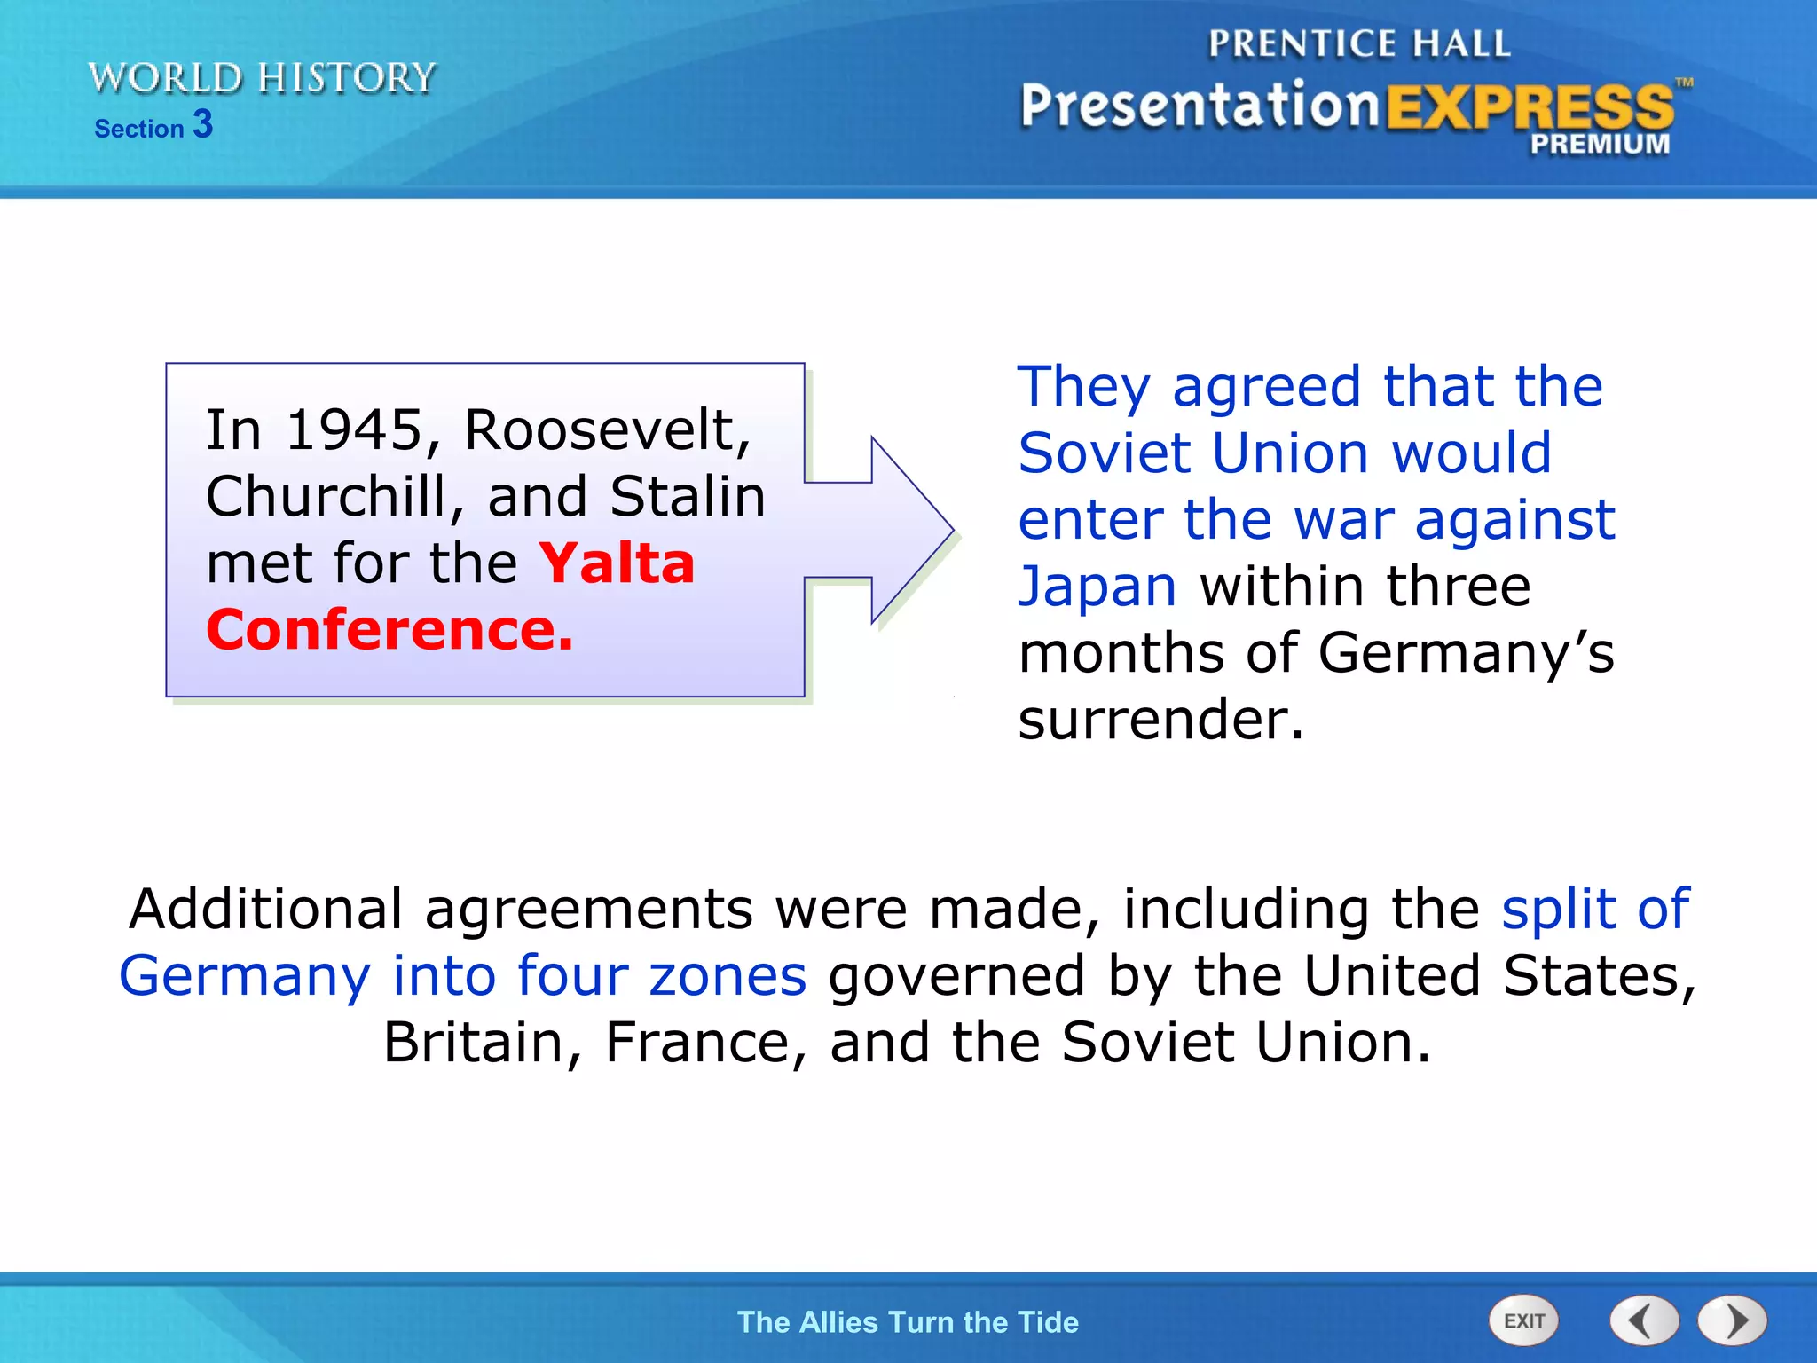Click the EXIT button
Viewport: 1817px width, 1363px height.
1523,1320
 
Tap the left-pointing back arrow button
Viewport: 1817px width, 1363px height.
1644,1320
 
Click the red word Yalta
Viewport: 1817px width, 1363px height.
617,563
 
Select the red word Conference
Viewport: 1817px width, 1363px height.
389,629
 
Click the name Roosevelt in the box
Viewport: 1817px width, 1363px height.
607,429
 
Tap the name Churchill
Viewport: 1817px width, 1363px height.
326,496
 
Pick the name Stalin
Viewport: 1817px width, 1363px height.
688,496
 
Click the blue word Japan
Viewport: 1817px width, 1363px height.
1097,587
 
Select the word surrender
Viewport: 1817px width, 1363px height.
1160,719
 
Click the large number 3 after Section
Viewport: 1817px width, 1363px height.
203,123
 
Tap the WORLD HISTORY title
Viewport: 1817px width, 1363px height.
262,78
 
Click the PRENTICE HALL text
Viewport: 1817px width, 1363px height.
1358,43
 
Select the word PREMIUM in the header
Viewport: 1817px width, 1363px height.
1599,144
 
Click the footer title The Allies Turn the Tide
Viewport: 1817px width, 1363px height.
908,1321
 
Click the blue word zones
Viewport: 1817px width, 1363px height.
728,975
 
